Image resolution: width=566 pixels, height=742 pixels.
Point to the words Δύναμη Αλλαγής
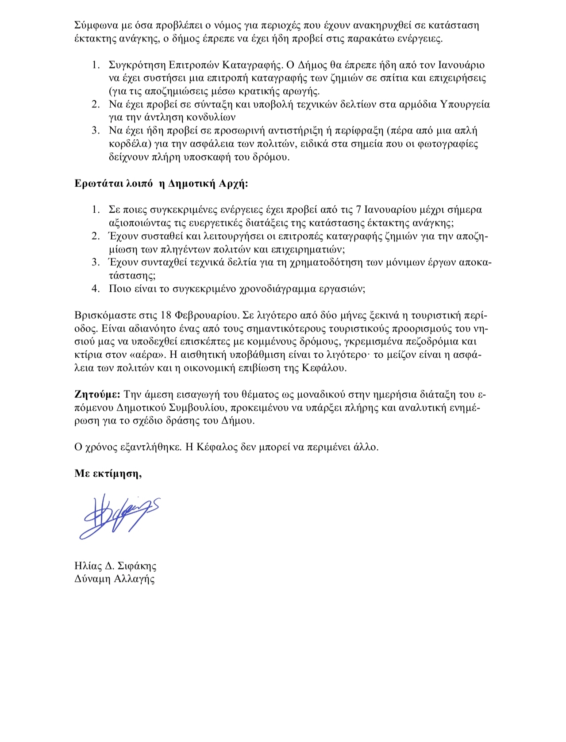115,579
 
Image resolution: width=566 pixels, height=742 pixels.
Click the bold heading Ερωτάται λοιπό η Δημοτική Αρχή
161,184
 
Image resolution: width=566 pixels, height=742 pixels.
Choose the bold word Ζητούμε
97,394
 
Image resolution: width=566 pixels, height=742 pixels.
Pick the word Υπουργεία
465,104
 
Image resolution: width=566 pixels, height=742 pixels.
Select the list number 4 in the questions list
96,289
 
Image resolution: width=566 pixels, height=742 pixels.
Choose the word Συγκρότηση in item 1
137,65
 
